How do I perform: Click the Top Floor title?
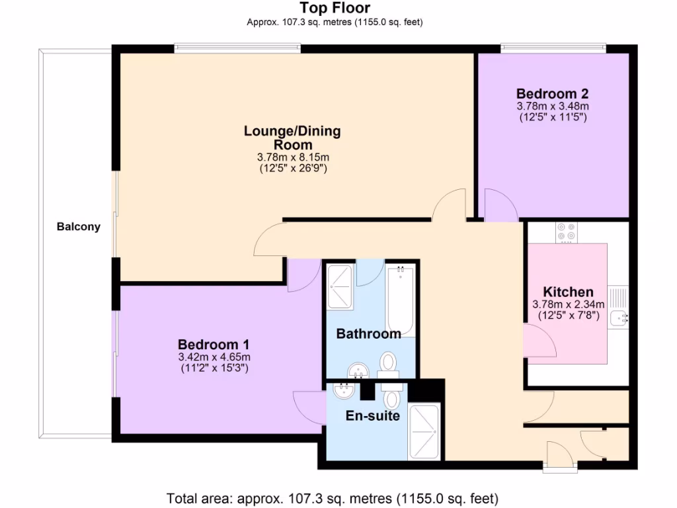tap(335, 8)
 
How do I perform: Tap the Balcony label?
tap(78, 227)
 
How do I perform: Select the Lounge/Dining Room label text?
tap(292, 138)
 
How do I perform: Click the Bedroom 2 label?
tap(552, 93)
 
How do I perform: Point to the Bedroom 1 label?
tap(213, 345)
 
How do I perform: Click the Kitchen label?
tap(568, 292)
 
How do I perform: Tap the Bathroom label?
tap(368, 333)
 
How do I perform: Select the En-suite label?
tap(373, 416)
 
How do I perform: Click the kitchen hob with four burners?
tap(566, 232)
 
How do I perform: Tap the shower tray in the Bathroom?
tap(340, 287)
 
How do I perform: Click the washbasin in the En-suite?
tap(344, 391)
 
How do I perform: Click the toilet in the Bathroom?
tap(388, 363)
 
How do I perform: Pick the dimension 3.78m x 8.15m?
tap(292, 157)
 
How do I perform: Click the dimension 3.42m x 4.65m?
tap(213, 357)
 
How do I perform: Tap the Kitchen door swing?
tap(539, 341)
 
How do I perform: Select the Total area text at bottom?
tap(333, 498)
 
